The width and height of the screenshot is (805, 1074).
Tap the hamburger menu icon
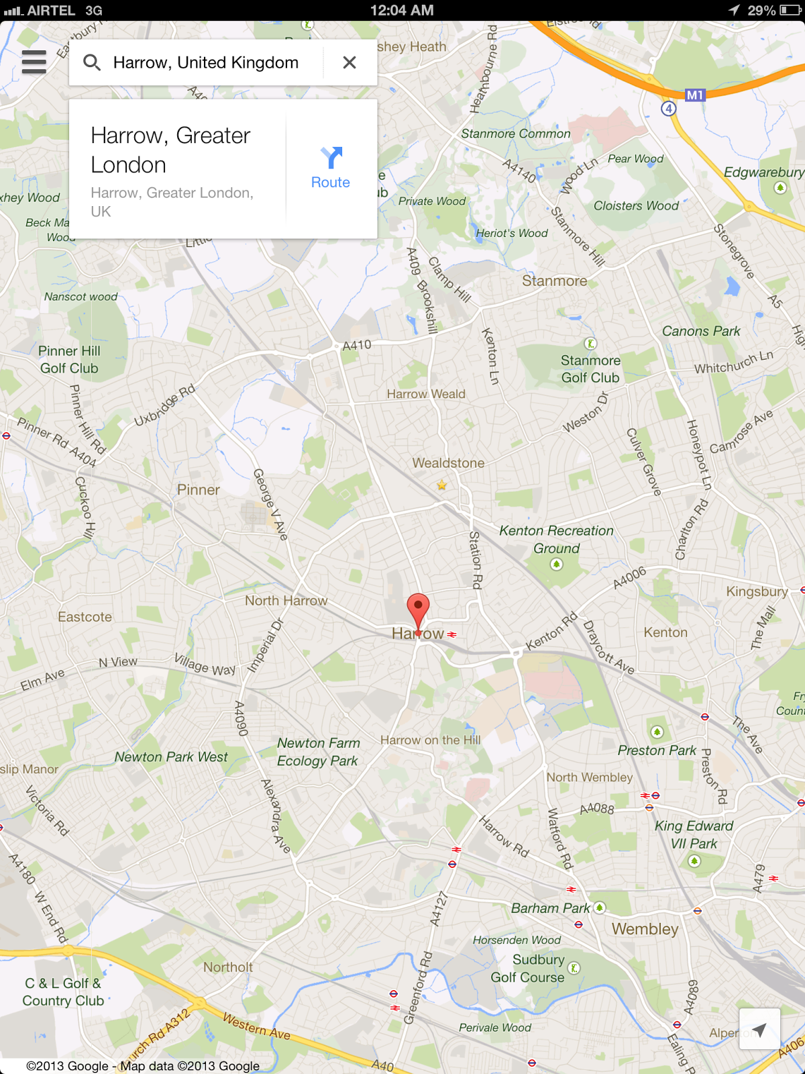coord(34,62)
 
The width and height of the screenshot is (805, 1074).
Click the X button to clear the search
coord(349,62)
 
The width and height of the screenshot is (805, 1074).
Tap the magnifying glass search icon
coord(92,62)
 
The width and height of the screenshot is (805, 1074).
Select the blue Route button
coord(331,168)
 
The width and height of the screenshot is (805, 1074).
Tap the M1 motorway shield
coord(695,95)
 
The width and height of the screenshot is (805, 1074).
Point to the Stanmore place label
coord(555,281)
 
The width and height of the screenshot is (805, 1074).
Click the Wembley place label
coord(645,929)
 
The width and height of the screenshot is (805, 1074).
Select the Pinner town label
coord(199,490)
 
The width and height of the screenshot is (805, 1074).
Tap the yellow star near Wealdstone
coord(441,485)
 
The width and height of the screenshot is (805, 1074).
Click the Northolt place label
coord(228,967)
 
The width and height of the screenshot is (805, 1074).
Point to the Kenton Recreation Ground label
coord(556,539)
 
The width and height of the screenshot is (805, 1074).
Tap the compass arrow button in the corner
coord(759,1029)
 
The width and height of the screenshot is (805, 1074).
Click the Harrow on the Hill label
coord(431,740)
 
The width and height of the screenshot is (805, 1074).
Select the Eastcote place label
coord(85,617)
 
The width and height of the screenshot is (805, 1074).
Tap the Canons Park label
coord(701,331)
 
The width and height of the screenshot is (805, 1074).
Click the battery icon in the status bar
coord(790,10)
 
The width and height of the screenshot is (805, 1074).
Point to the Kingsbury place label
coord(757,591)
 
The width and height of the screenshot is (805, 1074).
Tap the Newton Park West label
coord(171,756)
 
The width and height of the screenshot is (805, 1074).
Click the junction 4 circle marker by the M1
coord(668,108)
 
